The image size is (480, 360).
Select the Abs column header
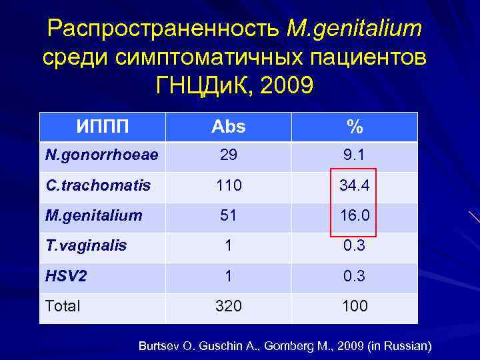(x=228, y=127)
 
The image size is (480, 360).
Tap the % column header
(x=354, y=127)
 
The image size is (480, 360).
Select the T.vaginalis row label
(x=85, y=245)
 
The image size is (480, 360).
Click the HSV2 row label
(x=65, y=275)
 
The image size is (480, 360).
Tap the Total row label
(x=62, y=306)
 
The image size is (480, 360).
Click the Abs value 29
(x=228, y=155)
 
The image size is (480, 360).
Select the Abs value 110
(x=228, y=185)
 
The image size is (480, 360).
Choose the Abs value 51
(x=228, y=215)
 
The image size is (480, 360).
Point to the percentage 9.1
(x=354, y=155)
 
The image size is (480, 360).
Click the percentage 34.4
(x=354, y=185)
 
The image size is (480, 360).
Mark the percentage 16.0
(x=354, y=215)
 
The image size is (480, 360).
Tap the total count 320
(x=228, y=306)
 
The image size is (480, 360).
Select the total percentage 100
(x=354, y=306)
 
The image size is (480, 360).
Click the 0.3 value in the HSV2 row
(x=354, y=275)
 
